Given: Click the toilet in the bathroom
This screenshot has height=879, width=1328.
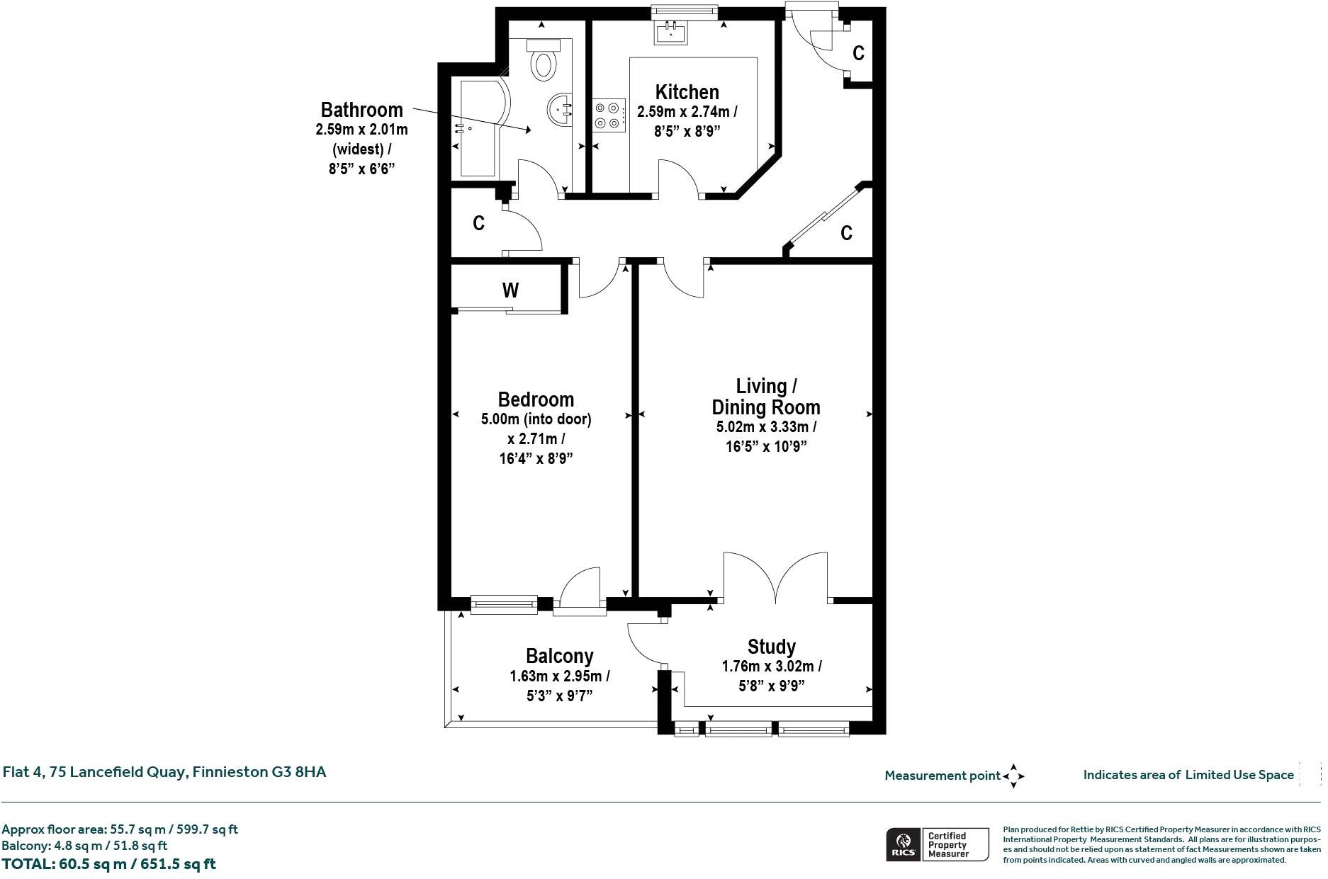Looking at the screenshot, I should [544, 60].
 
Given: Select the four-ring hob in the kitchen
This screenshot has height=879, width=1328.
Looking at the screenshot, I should [609, 115].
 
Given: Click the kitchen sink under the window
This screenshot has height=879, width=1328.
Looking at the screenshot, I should [670, 33].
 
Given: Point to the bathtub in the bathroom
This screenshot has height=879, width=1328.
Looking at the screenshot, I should [480, 127].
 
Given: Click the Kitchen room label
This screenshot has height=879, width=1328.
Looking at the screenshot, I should [687, 92].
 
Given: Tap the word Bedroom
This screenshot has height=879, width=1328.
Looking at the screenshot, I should [536, 399].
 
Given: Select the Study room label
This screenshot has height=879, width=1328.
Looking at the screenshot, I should [771, 647].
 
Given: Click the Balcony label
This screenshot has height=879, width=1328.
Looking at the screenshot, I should [559, 656].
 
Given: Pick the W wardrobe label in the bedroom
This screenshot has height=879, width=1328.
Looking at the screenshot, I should [510, 290].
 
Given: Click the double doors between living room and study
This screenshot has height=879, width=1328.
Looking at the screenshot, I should [776, 577].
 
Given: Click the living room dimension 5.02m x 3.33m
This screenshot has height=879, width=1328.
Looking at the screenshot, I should [766, 427].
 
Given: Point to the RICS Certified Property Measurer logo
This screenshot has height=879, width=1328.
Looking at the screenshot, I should [937, 844].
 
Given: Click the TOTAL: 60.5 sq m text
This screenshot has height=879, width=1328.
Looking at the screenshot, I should [108, 864].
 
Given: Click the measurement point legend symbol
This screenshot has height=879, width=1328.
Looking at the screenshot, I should [1013, 776].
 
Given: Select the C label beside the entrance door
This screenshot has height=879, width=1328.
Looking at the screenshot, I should [858, 53].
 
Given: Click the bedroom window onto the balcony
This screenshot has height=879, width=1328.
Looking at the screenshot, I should [504, 603].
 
